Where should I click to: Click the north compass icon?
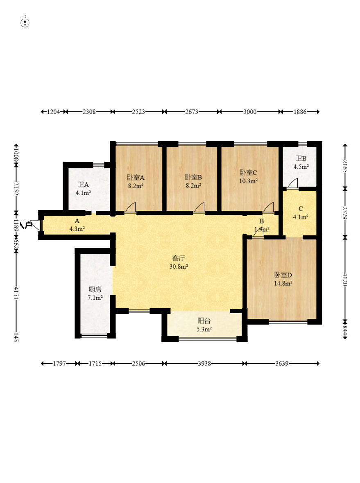25,23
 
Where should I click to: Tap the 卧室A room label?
136,178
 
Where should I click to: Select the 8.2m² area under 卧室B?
194,185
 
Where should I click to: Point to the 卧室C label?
249,172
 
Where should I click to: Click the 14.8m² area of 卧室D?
283,283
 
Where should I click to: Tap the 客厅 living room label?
179,258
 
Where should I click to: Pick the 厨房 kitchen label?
95,289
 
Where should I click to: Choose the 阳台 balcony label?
204,321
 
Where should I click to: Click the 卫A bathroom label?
83,185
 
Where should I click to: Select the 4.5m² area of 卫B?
301,167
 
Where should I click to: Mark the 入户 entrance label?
27,226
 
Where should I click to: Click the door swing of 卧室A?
131,207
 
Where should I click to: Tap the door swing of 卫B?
293,183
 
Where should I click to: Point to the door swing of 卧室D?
258,232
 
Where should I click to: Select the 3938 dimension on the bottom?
204,363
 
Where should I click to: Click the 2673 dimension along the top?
192,112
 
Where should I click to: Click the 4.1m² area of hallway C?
301,217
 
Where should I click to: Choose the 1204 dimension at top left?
53,112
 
